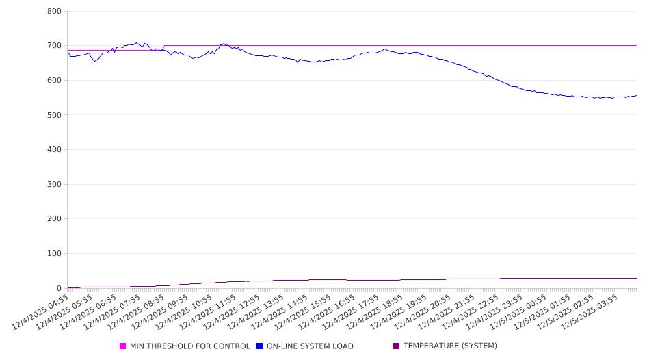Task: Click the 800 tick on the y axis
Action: click(x=55, y=12)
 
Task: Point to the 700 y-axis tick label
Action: click(x=55, y=46)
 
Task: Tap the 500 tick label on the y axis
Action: click(x=55, y=115)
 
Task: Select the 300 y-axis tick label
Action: click(x=55, y=184)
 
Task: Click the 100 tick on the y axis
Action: click(x=55, y=254)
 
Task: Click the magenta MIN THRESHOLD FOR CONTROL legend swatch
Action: click(x=123, y=346)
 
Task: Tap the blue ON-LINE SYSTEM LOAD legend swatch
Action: click(x=260, y=346)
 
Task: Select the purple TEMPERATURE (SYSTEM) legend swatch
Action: click(x=397, y=346)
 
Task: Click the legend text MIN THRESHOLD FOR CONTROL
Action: click(x=189, y=346)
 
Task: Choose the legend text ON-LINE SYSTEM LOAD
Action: click(x=310, y=346)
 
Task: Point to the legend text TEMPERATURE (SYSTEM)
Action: click(x=450, y=346)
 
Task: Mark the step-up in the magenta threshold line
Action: click(x=164, y=48)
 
